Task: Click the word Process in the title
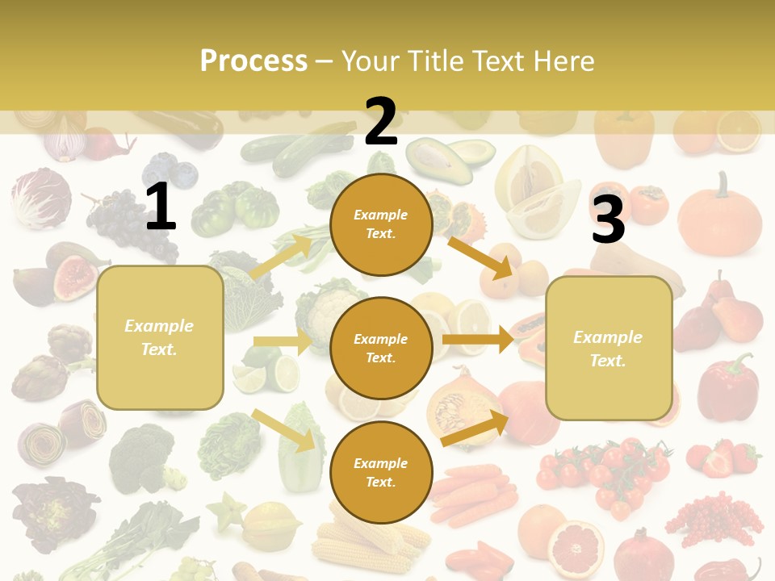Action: tap(253, 61)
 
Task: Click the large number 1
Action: tap(161, 207)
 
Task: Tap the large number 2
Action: tap(381, 122)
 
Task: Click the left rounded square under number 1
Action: tap(160, 337)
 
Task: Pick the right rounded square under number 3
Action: tap(609, 349)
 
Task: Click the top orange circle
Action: tap(381, 224)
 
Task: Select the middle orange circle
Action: tap(381, 348)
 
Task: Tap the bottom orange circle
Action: tap(381, 472)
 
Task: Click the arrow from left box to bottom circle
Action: tap(283, 430)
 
